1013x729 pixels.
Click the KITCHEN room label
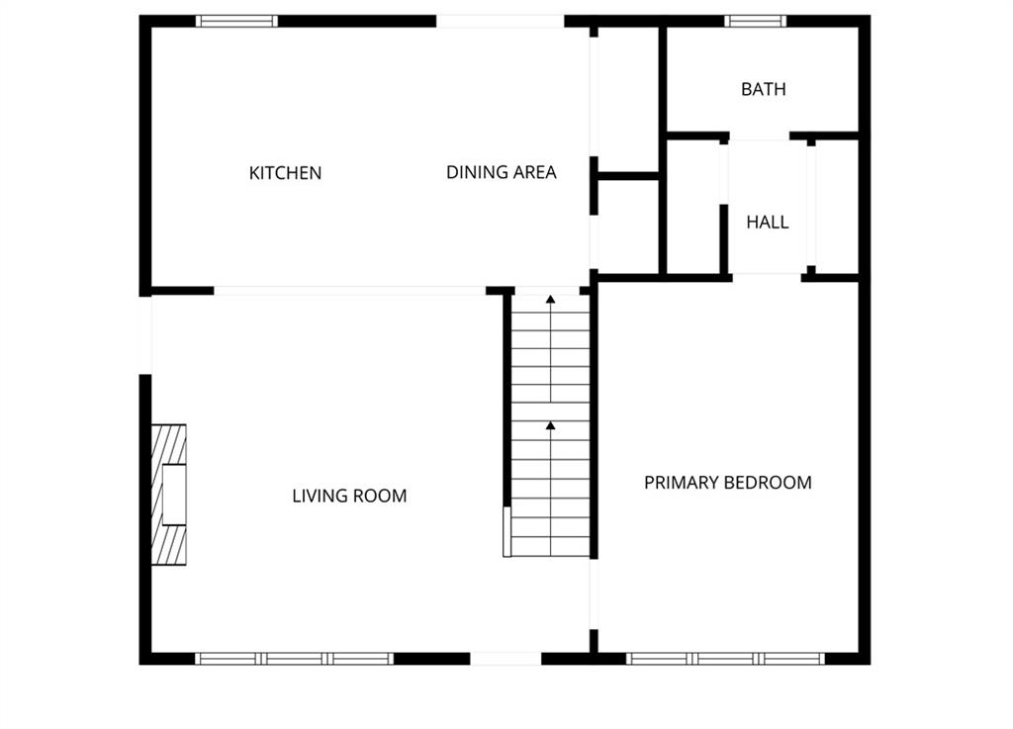[285, 173]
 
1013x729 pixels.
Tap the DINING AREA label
[502, 172]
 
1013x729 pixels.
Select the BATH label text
[764, 89]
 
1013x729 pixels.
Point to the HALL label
[768, 223]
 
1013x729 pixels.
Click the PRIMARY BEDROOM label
[728, 483]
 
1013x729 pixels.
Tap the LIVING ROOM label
[349, 496]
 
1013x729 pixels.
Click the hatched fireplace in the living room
[168, 495]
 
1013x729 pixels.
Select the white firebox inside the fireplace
[174, 495]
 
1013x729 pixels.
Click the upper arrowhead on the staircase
[550, 299]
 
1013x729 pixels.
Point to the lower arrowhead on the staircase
[550, 425]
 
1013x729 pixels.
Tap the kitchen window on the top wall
[236, 22]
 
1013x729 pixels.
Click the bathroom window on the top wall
[755, 22]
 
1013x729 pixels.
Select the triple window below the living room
[295, 659]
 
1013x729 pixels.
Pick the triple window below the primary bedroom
[725, 659]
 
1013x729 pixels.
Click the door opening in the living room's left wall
[145, 335]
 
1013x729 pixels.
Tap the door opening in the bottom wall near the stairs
[506, 659]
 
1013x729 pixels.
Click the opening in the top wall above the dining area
[500, 22]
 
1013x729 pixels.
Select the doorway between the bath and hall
[760, 137]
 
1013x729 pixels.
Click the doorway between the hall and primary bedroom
[767, 278]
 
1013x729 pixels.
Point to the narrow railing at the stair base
[507, 531]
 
